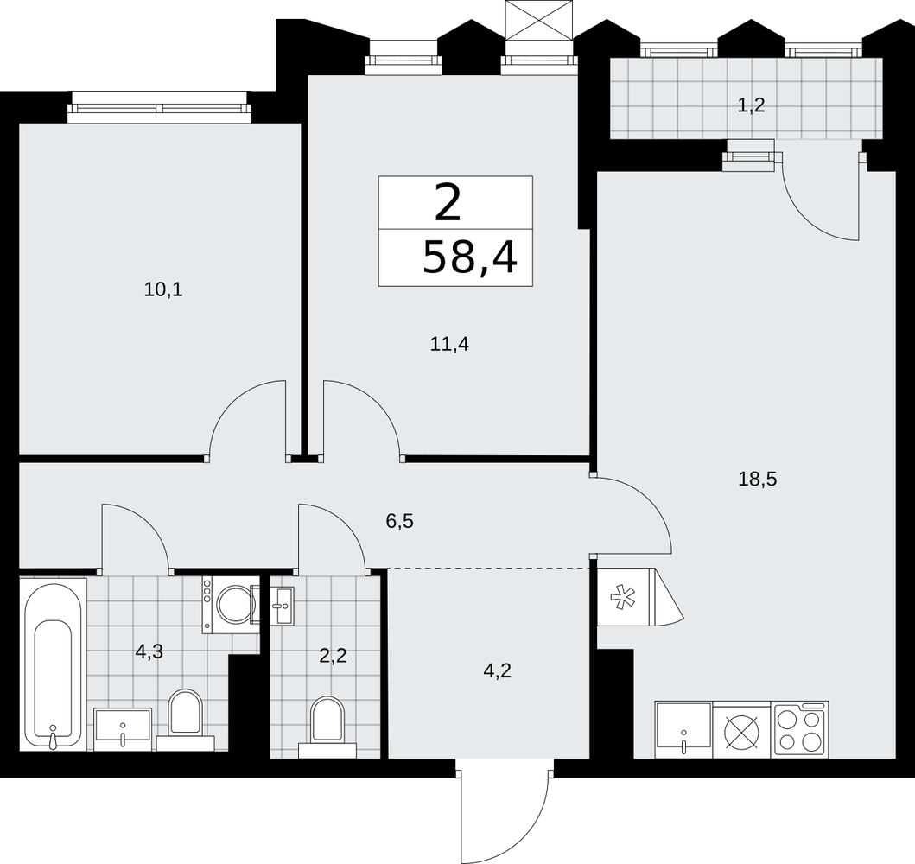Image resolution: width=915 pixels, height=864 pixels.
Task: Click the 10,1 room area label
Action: click(163, 289)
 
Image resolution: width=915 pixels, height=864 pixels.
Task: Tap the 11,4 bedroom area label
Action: click(449, 345)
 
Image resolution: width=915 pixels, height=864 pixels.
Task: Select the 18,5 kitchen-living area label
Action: click(758, 480)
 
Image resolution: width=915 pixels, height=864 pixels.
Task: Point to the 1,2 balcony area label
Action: click(751, 106)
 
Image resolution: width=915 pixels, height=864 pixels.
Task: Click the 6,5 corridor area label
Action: click(400, 521)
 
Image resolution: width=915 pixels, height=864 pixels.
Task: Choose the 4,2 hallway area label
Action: click(497, 671)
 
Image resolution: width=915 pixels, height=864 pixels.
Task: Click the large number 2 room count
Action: click(448, 202)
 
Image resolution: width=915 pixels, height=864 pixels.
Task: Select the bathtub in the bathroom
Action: click(53, 664)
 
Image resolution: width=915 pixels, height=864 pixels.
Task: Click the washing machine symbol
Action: click(231, 605)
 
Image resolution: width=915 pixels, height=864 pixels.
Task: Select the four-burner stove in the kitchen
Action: click(799, 729)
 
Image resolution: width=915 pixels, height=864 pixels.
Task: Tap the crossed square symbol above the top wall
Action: click(540, 20)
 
